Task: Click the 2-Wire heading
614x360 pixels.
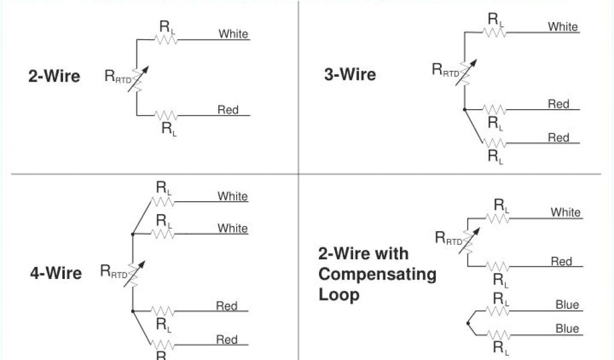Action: coord(54,76)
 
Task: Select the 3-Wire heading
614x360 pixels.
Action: coord(350,74)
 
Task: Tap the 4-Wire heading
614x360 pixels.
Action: coord(56,274)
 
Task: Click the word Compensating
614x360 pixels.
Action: coord(377,275)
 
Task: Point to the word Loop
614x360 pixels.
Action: coord(339,295)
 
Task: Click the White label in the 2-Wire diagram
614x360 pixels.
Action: coord(233,34)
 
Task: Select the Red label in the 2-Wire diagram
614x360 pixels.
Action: coord(228,110)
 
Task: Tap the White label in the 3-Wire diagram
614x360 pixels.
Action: coord(562,26)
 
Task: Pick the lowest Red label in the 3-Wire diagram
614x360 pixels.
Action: coord(558,137)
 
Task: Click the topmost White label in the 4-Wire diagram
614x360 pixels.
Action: coord(233,196)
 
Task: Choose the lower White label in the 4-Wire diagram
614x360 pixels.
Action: coord(233,228)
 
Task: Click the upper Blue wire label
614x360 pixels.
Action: coord(567,305)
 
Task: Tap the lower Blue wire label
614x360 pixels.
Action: coord(567,328)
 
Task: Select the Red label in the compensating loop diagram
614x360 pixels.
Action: coord(561,261)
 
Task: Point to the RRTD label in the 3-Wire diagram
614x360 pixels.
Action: coord(447,70)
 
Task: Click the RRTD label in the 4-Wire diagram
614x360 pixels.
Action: coord(113,273)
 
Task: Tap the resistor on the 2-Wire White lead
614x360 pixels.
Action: coord(166,40)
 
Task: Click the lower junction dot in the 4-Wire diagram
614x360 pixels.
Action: coord(133,311)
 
